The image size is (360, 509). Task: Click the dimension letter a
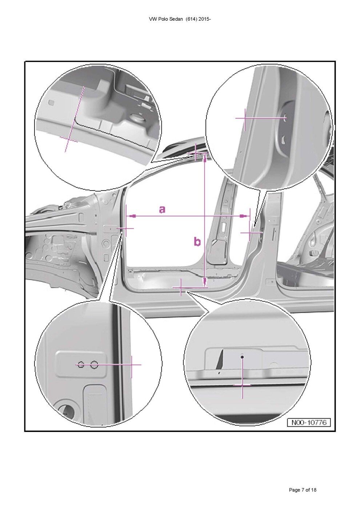pos(162,209)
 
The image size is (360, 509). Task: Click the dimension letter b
pos(197,241)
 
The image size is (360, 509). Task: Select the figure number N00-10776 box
pos(309,422)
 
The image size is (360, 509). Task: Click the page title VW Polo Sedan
pos(166,19)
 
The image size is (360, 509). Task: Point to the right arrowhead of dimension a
pos(244,216)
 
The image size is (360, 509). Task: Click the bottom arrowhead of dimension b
pos(205,282)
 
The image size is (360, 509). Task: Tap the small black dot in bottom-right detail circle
pos(242,357)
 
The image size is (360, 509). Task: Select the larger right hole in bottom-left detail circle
pos(94,365)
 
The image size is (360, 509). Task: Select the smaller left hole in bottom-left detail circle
pos(81,365)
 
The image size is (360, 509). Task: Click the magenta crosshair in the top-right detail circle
pos(245,118)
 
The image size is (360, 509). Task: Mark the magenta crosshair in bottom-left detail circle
pos(131,365)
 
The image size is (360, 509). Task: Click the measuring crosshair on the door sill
pos(181,288)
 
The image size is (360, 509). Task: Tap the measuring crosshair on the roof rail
pos(196,154)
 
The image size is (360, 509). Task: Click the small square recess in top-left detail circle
pos(51,103)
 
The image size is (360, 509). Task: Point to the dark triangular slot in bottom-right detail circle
pos(220,360)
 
